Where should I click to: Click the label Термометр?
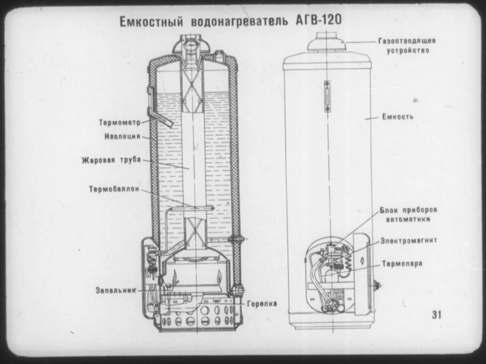coord(119,122)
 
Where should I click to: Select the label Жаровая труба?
coord(111,160)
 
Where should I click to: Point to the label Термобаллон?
coord(115,189)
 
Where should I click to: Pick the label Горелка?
coord(262,303)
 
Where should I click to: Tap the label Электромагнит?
coord(409,241)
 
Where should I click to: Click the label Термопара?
coord(402,264)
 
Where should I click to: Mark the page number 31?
coord(437,315)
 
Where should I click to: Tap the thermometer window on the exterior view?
coord(327,96)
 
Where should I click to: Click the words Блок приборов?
coord(408,211)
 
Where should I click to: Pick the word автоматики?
coord(408,219)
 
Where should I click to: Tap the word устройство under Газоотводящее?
coord(407,51)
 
